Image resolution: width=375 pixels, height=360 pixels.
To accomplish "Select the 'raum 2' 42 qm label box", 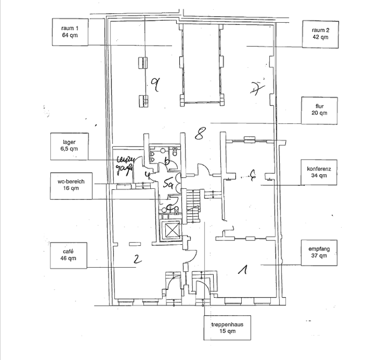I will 320,33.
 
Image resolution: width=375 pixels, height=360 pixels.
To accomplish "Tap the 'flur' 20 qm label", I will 320,110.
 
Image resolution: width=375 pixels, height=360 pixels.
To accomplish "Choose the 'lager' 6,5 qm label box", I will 70,146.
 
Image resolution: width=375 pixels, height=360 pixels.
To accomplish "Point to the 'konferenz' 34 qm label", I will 320,173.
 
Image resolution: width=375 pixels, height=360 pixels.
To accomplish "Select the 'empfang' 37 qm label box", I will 320,252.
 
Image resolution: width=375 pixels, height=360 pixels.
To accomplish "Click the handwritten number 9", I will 156,86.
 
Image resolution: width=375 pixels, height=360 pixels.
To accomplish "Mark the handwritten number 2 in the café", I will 138,261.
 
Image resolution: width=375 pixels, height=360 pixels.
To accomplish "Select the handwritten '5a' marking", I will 169,184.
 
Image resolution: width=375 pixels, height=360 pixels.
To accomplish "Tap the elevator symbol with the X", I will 172,229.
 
